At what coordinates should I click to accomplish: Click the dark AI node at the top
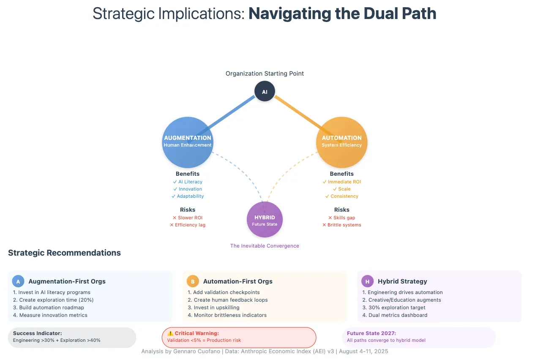point(265,91)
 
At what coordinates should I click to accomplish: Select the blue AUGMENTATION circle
point(188,142)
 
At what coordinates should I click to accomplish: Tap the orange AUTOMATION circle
point(342,142)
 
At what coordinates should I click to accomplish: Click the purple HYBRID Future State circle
point(265,220)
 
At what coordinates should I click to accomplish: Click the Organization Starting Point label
point(265,74)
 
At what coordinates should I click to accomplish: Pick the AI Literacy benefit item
point(188,182)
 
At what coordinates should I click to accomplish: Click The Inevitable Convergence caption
point(265,245)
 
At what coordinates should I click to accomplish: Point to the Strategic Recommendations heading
point(64,253)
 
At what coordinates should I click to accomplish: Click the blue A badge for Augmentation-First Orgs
point(18,281)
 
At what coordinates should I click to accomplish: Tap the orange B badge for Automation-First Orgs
point(193,281)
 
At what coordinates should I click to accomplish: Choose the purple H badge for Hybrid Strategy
point(367,281)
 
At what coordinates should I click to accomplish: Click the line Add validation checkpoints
point(224,292)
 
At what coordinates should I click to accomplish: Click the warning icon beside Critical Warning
point(170,333)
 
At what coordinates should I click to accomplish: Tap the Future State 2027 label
point(371,333)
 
